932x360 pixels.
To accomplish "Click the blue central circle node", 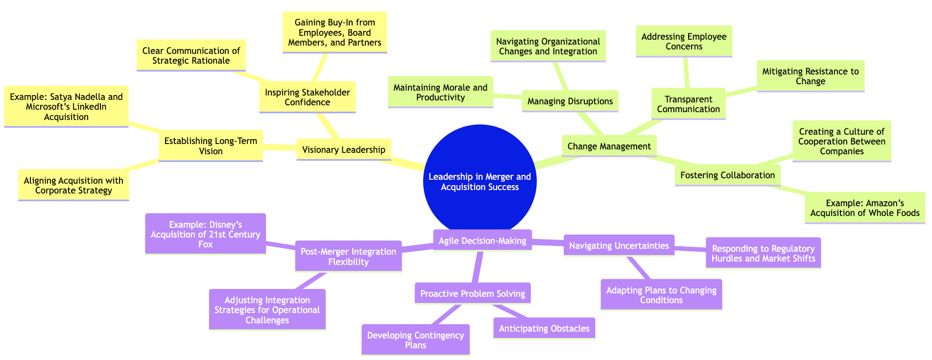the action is point(479,181).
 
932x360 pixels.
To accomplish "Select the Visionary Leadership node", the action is point(344,150).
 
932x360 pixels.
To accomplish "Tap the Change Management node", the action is point(609,146).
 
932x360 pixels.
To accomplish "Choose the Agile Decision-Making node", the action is point(482,240).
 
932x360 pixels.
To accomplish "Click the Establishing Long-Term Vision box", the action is point(211,146).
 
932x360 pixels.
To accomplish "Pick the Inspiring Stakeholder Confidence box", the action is point(308,97).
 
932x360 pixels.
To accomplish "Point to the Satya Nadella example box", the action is point(66,107).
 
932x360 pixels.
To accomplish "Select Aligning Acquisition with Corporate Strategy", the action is point(73,185).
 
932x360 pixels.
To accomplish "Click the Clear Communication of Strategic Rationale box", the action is point(191,56).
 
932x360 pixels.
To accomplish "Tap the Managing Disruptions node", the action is point(571,101).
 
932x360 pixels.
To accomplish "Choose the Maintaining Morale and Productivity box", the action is point(441,92).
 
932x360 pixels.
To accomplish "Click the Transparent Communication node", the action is point(689,104).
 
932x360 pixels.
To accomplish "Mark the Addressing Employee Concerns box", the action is point(684,41).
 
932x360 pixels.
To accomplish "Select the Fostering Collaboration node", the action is point(727,175).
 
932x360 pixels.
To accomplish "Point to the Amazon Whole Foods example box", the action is point(865,208).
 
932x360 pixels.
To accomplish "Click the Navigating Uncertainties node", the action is point(619,245).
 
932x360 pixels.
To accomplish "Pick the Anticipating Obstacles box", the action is point(544,328).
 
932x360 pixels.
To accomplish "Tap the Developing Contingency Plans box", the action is point(416,340).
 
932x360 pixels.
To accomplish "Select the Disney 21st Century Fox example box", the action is point(206,234).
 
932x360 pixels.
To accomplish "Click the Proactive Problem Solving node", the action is point(473,293).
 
